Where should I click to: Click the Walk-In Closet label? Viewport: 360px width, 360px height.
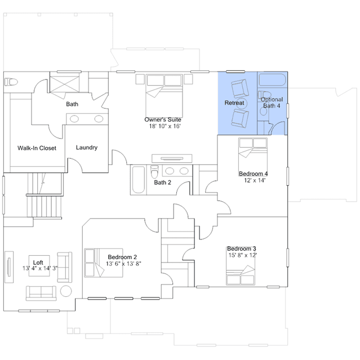[x=37, y=148]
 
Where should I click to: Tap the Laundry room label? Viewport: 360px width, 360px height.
[x=87, y=148]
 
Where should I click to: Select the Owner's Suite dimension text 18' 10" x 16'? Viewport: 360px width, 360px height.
[x=165, y=126]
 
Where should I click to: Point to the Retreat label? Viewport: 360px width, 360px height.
[x=234, y=103]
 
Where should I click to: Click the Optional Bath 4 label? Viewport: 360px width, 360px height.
[x=272, y=103]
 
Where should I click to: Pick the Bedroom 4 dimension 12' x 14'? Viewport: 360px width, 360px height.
[x=255, y=180]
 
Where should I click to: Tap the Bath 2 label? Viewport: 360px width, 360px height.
[x=163, y=183]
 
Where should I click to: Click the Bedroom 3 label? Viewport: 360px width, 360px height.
[x=242, y=248]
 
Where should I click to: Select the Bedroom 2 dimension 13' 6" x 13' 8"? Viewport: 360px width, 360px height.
[x=123, y=264]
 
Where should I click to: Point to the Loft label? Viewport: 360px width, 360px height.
[x=38, y=263]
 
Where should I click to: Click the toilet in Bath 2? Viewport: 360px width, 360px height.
[x=154, y=172]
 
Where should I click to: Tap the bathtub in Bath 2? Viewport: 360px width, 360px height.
[x=139, y=180]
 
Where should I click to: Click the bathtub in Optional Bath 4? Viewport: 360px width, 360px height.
[x=272, y=79]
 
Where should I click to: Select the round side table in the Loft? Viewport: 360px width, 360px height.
[x=66, y=291]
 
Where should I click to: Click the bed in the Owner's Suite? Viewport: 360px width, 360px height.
[x=164, y=96]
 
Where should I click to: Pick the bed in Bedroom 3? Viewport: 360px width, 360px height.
[x=241, y=275]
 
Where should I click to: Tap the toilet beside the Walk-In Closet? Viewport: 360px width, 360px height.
[x=11, y=82]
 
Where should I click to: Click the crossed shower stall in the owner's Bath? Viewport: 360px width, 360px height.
[x=65, y=85]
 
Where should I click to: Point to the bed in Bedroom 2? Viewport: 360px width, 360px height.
[x=104, y=263]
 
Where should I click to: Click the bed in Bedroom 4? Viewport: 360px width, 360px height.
[x=253, y=157]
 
